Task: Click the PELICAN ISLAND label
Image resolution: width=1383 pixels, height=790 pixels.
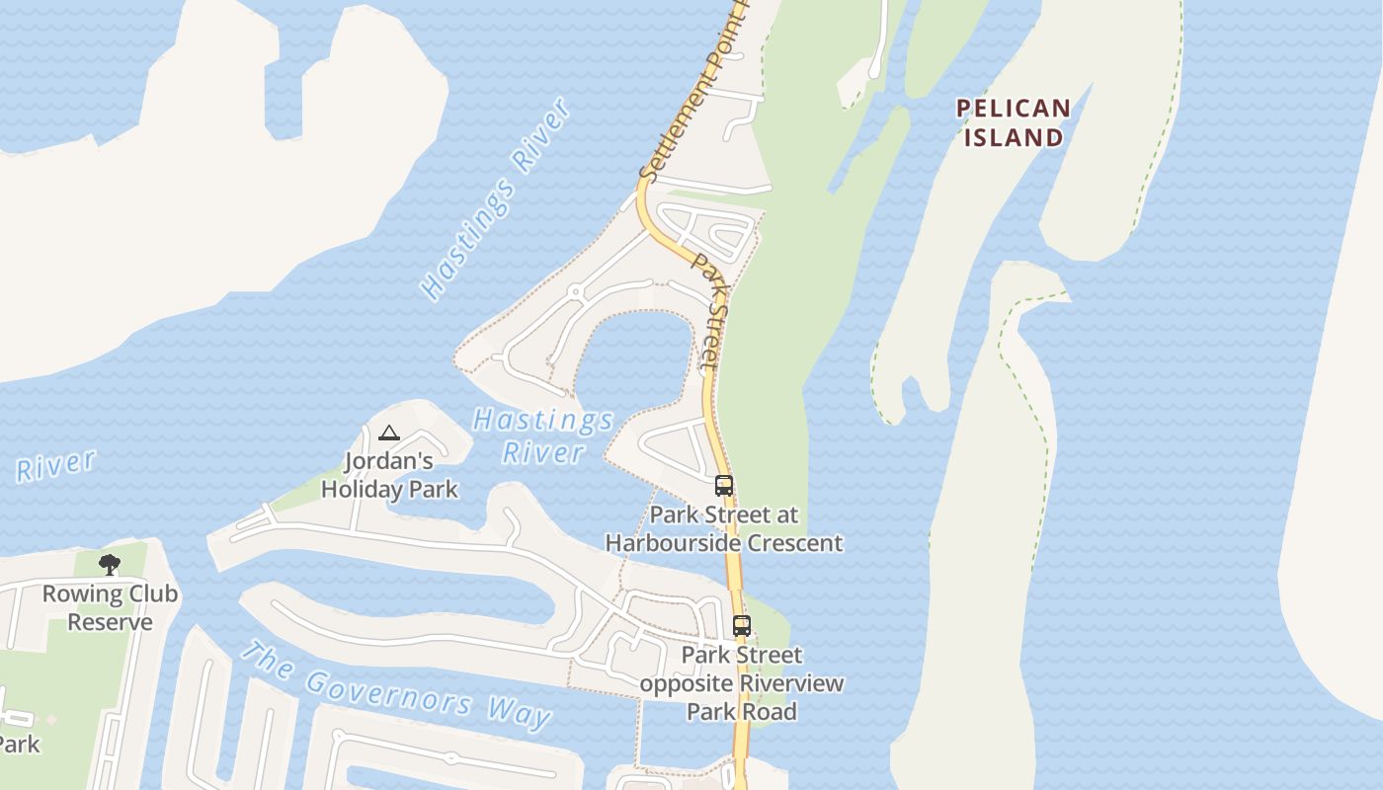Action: click(1013, 122)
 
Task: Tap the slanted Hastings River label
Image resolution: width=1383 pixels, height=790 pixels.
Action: click(496, 198)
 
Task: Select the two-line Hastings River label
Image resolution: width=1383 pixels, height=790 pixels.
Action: click(543, 436)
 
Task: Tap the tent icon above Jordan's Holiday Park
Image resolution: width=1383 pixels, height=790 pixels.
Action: click(389, 433)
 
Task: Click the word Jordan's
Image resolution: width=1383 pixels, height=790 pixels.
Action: click(389, 461)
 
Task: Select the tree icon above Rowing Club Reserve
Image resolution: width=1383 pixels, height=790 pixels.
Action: click(110, 565)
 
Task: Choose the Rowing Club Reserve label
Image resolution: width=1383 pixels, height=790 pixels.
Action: click(110, 607)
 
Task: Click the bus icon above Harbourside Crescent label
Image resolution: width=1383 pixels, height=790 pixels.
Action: click(724, 485)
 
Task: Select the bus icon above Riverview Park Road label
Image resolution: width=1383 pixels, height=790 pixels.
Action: click(741, 625)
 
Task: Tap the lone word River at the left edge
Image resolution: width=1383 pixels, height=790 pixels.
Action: click(55, 466)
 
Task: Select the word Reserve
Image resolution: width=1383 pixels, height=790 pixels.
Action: click(110, 622)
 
